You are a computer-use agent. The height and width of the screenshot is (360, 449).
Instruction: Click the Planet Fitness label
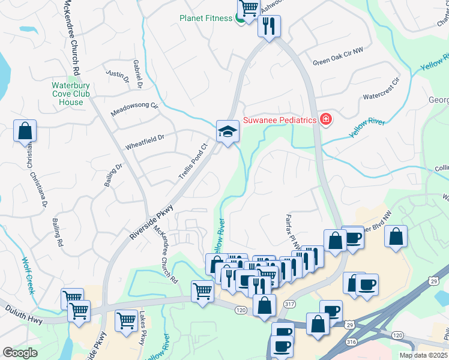205,18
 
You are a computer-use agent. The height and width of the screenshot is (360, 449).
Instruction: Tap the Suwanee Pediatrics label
280,120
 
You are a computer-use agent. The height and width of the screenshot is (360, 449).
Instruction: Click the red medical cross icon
326,120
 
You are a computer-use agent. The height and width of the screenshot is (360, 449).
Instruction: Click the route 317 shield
289,305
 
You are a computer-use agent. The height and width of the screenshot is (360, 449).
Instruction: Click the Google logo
20,353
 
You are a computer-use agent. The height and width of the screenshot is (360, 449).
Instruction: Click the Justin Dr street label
118,76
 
